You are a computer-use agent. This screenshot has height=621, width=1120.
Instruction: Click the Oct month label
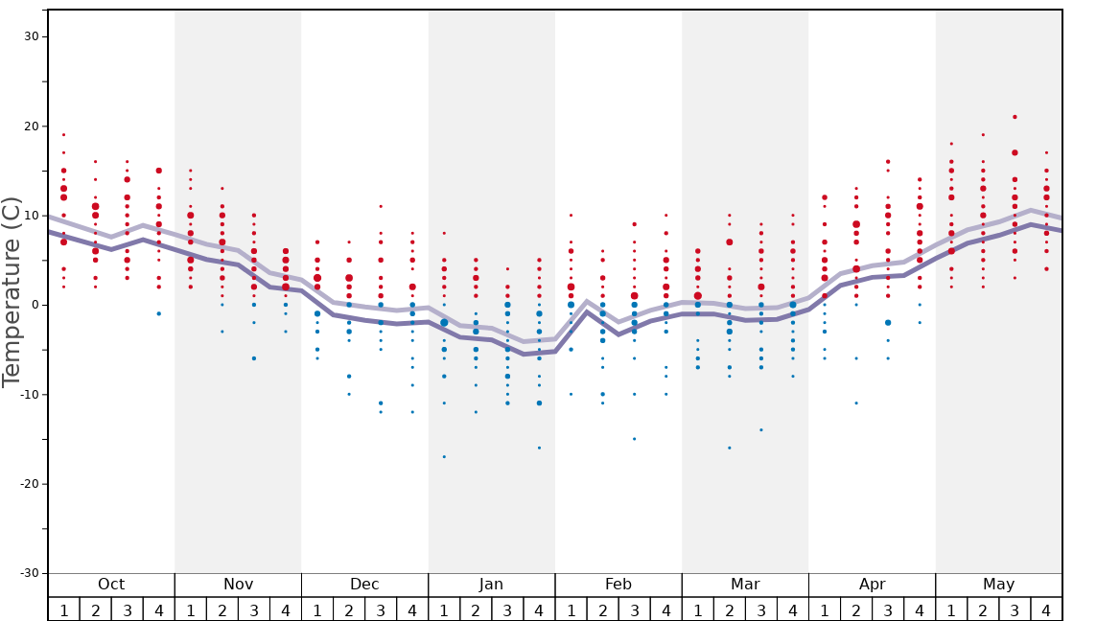(111, 585)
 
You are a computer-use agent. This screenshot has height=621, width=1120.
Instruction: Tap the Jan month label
(491, 585)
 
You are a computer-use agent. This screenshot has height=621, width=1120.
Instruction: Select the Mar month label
(745, 585)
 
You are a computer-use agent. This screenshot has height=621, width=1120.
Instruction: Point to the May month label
(998, 585)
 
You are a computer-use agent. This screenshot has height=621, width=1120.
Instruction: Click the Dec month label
(364, 585)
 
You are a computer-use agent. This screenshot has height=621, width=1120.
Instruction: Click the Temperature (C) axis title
(12, 291)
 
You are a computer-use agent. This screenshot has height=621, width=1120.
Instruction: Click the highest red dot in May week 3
(1015, 117)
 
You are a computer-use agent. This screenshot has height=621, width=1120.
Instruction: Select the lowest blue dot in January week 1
(444, 456)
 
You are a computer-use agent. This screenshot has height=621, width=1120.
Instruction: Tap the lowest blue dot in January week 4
(539, 448)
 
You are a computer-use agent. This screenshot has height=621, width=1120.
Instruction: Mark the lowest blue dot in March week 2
(729, 448)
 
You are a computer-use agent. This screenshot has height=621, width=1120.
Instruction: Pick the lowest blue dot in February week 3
(634, 439)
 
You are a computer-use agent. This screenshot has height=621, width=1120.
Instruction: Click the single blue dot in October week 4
(159, 313)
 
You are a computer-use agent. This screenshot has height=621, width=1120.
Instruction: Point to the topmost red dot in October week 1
(64, 134)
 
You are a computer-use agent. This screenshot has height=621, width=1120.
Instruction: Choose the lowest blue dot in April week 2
(856, 402)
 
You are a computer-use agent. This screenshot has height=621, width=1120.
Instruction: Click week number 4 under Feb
(665, 609)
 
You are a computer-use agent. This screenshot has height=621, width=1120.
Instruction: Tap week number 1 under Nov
(191, 609)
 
